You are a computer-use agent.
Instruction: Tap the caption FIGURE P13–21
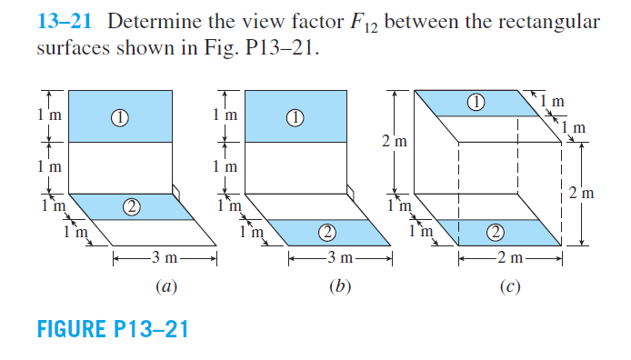(x=112, y=328)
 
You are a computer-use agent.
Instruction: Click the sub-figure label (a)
(x=164, y=289)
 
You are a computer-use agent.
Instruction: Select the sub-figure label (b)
(x=341, y=289)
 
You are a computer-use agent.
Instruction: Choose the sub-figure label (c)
(x=507, y=289)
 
